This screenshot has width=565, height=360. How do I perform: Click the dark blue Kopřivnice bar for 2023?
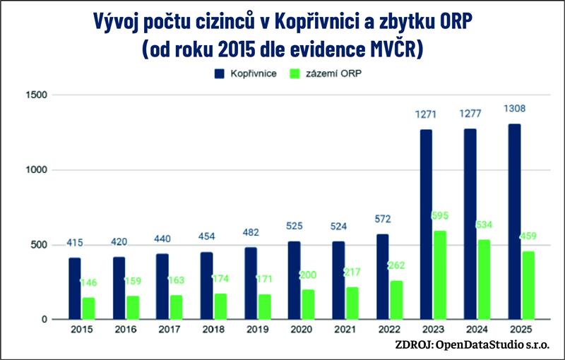click(425, 224)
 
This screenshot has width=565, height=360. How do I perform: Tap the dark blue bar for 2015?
click(74, 288)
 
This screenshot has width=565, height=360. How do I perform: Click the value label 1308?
click(516, 109)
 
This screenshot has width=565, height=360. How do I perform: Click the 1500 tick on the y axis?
click(36, 95)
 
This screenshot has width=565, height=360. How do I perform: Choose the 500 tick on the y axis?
click(40, 245)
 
